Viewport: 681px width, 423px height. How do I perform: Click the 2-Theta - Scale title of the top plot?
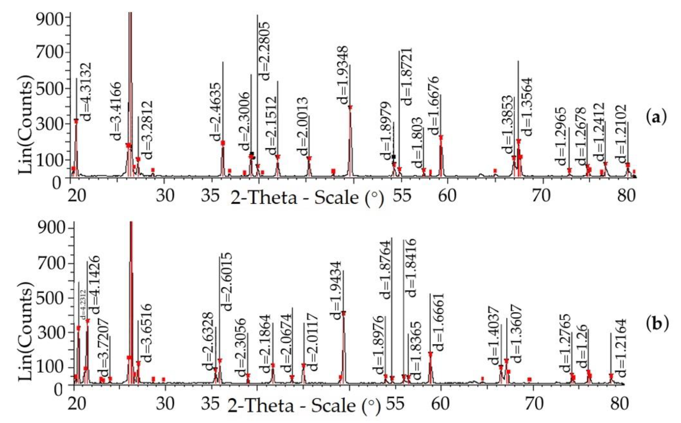click(x=307, y=198)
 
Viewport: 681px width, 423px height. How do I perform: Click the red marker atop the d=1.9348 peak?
click(x=350, y=107)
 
